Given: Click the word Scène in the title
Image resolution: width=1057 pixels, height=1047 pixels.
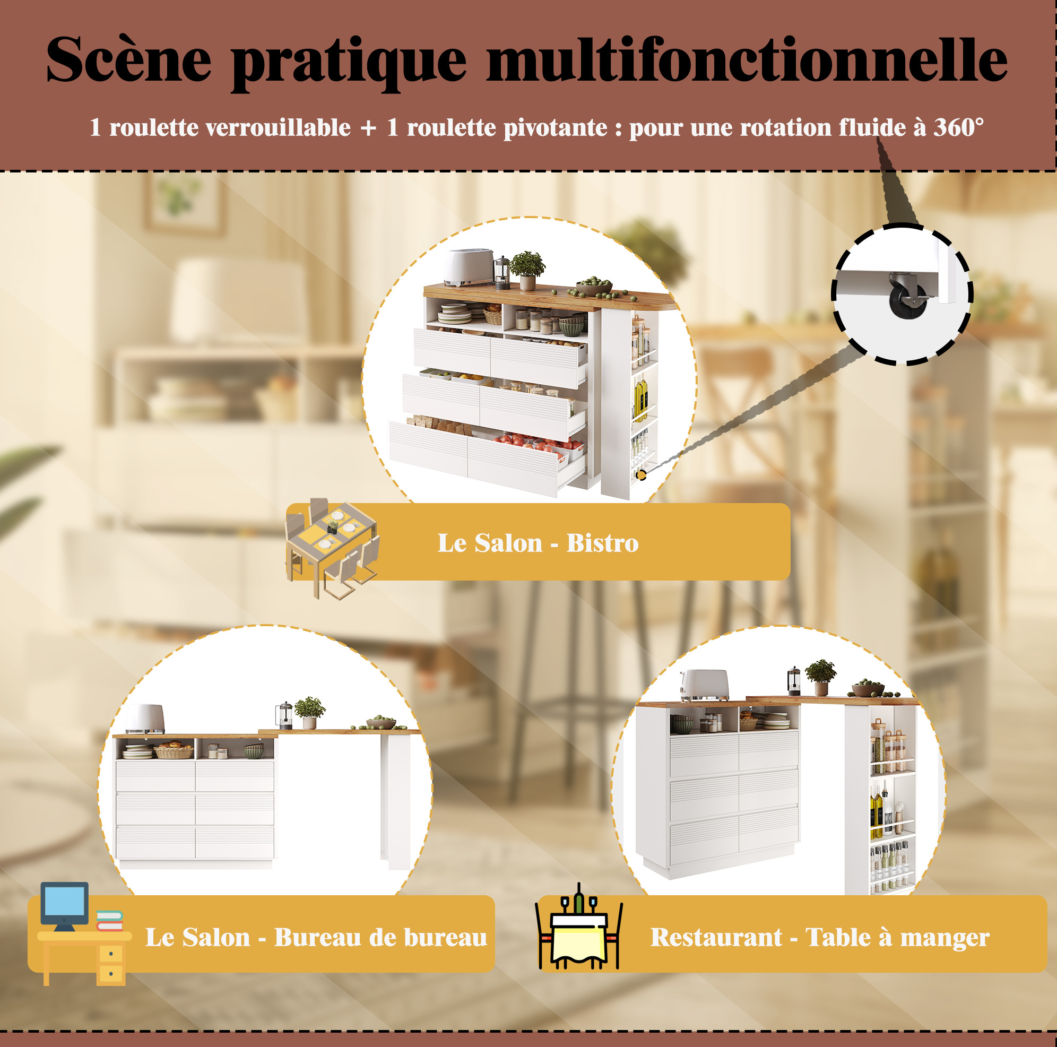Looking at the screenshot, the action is click(128, 59).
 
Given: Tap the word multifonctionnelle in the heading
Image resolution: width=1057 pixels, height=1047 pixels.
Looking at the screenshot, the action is click(747, 59).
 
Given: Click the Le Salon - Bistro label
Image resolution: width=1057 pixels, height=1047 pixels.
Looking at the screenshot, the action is click(538, 543).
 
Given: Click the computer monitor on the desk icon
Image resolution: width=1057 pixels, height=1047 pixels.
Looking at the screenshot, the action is click(65, 905).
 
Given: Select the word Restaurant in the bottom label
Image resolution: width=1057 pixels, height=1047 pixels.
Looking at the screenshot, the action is click(716, 937).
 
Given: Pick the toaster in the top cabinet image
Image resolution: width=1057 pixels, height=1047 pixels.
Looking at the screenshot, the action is click(468, 267).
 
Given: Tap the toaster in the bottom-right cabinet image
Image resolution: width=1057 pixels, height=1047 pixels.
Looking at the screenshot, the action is click(704, 685).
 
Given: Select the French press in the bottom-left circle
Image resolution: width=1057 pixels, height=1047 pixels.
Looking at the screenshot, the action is click(283, 716).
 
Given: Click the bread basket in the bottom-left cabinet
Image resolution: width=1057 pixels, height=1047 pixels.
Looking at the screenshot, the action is click(174, 749).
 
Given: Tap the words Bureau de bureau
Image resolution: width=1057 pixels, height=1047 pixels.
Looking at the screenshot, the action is click(380, 937).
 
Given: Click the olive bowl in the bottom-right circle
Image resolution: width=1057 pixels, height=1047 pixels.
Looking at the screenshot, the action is click(868, 689).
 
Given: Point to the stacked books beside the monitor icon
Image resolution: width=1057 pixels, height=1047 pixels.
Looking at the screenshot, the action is click(109, 921).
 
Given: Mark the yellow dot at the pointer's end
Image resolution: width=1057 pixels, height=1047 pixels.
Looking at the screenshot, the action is click(641, 475).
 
